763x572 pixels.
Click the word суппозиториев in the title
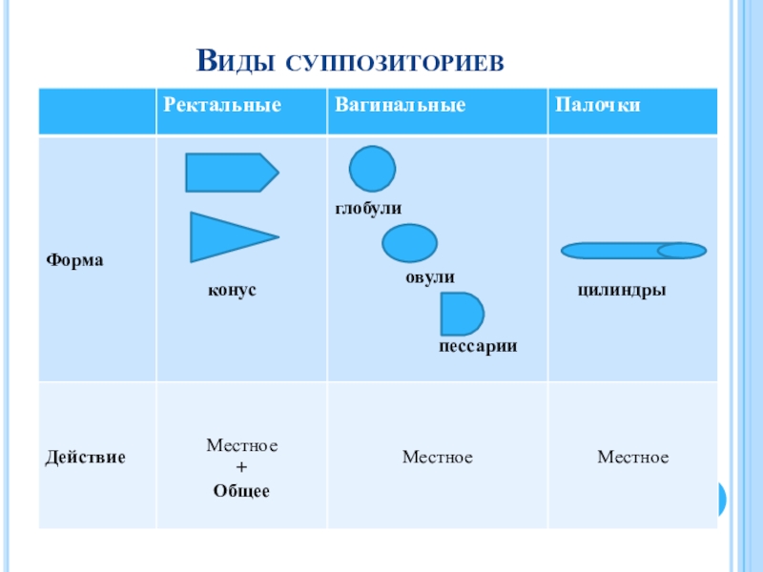tap(393, 63)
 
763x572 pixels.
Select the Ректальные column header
tap(222, 104)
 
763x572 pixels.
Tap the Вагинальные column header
tap(400, 104)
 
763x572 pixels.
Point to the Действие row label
tap(86, 458)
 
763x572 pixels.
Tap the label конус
tap(234, 289)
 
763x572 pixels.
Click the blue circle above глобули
tap(372, 169)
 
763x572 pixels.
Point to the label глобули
tap(368, 208)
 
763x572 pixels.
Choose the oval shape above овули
tap(409, 243)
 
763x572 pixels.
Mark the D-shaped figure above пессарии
tap(462, 314)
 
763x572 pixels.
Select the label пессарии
tap(478, 347)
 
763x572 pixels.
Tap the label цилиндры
tap(621, 289)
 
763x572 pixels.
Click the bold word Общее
tap(241, 492)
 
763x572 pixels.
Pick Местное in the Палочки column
tap(633, 458)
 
